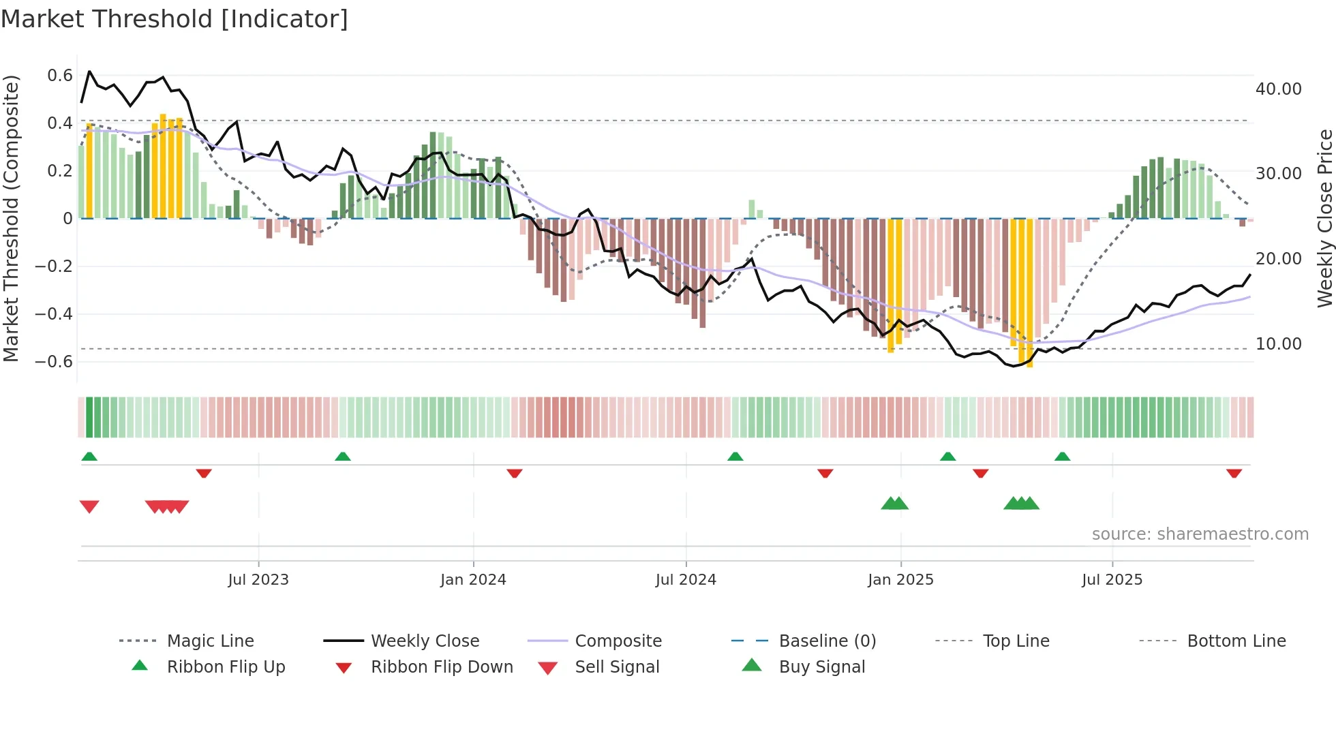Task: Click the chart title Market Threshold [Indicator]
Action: (x=174, y=19)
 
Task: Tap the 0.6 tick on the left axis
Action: (x=60, y=76)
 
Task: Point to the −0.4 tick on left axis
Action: (x=54, y=314)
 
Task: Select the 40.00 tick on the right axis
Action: (x=1278, y=89)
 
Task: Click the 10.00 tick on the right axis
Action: (x=1278, y=344)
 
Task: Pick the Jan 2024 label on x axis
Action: (x=473, y=580)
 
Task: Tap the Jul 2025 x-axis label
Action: (x=1112, y=580)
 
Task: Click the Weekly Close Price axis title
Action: (x=1324, y=218)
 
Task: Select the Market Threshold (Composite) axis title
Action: (x=11, y=218)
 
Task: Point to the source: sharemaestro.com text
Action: (x=1200, y=534)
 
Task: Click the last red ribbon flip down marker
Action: (x=1234, y=473)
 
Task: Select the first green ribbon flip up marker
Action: (x=89, y=457)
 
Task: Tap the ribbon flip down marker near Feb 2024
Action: (x=515, y=473)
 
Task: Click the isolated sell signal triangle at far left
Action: (x=89, y=506)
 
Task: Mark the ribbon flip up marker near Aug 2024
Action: (x=735, y=457)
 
